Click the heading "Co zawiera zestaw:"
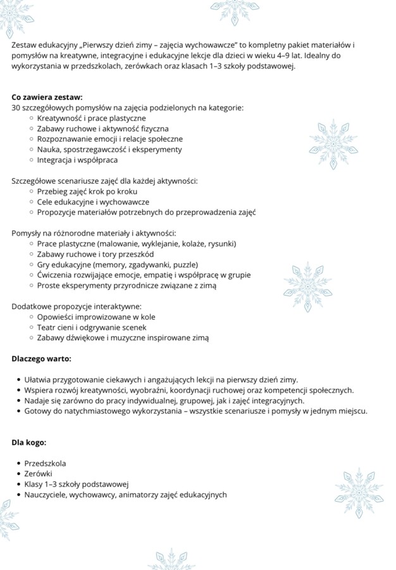click(x=47, y=98)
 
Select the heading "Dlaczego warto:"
click(x=42, y=358)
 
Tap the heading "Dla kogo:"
click(x=29, y=442)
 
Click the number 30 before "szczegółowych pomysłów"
click(x=16, y=108)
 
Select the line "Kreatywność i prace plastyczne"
click(x=91, y=118)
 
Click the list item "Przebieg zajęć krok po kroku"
click(x=87, y=191)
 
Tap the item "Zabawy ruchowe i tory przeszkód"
click(x=95, y=254)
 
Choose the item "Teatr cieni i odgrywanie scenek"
click(x=92, y=327)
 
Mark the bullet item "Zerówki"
click(x=39, y=474)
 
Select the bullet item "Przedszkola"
click(x=45, y=463)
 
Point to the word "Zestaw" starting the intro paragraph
click(x=25, y=46)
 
